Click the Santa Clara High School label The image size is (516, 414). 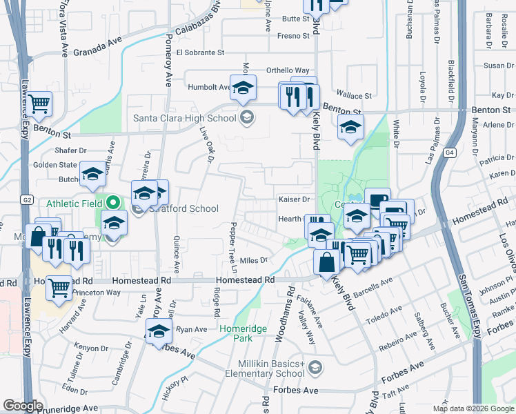click(184, 118)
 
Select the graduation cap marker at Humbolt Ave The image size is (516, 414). click(242, 88)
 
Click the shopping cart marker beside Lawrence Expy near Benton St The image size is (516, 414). click(39, 104)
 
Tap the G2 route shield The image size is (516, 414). click(26, 200)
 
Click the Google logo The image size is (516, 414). click(23, 406)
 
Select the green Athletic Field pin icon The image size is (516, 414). click(115, 204)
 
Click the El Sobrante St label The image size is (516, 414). click(200, 52)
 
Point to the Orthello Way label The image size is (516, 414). click(288, 70)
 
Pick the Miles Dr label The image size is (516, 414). click(253, 260)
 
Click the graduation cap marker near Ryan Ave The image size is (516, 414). click(159, 333)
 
